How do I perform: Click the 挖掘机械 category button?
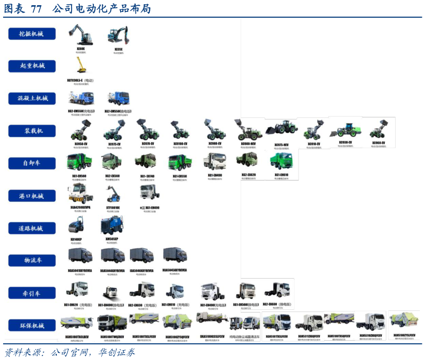pyautogui.click(x=31, y=33)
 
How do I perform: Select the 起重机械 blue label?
pyautogui.click(x=31, y=66)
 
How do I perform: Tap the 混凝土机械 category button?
pyautogui.click(x=31, y=98)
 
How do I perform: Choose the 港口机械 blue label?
pyautogui.click(x=31, y=196)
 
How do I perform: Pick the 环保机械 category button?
pyautogui.click(x=31, y=326)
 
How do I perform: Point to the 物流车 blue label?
pyautogui.click(x=31, y=260)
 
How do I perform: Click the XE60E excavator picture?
pyautogui.click(x=80, y=35)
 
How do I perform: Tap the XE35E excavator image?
pyautogui.click(x=118, y=35)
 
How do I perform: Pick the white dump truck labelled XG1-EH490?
pyautogui.click(x=215, y=161)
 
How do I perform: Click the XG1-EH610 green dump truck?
pyautogui.click(x=281, y=161)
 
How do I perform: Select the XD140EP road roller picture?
pyautogui.click(x=76, y=226)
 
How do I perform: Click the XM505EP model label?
pyautogui.click(x=112, y=239)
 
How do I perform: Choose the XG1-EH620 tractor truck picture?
pyautogui.click(x=78, y=290)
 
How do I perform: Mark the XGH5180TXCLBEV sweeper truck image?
pyautogui.click(x=77, y=322)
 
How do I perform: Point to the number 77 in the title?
pyautogui.click(x=36, y=9)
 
